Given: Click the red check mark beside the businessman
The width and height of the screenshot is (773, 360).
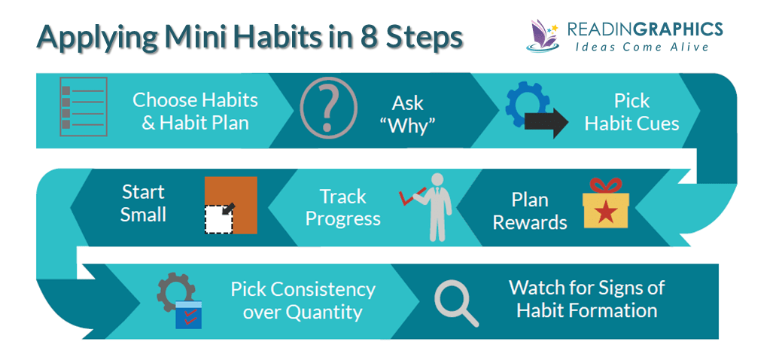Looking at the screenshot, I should [x=409, y=198].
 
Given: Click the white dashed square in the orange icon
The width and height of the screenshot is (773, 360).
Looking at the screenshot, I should [x=219, y=218].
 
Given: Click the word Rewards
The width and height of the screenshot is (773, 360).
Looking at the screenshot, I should [x=530, y=223].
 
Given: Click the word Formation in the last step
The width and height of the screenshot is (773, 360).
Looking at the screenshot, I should [x=614, y=310].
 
